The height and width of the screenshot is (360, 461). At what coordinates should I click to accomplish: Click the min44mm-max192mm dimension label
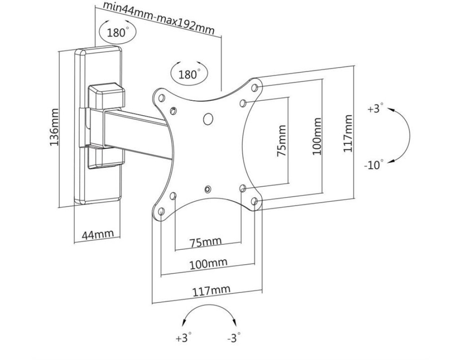coord(158,18)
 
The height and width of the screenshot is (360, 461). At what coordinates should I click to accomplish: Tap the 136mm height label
coord(54,127)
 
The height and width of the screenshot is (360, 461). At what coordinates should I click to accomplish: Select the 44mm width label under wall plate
coord(97,234)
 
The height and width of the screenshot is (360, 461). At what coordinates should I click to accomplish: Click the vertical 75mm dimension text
coord(281,140)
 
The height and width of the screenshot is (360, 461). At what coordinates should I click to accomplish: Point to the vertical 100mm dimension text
coord(316,136)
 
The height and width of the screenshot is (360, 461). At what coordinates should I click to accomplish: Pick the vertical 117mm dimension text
coord(348,133)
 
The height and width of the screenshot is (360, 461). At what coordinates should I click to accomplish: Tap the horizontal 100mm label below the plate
coord(208,264)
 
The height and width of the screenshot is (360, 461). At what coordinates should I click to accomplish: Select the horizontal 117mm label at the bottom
coord(211,290)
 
